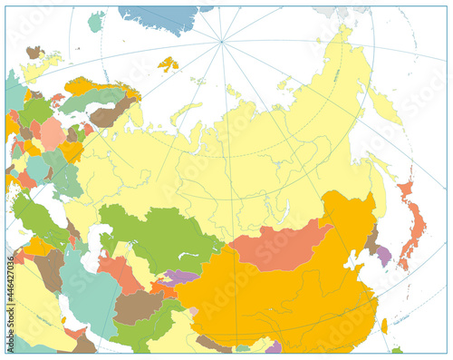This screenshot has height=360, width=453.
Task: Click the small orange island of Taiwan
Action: [x=384, y=325]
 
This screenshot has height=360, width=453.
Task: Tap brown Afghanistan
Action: [x=138, y=306]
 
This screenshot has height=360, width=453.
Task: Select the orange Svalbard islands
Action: [x=168, y=63]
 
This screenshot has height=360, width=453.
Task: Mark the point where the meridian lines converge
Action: [x=220, y=40]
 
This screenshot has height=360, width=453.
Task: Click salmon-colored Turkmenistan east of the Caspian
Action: [x=118, y=271]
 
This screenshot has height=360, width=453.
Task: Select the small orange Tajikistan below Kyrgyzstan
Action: [x=167, y=290]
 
